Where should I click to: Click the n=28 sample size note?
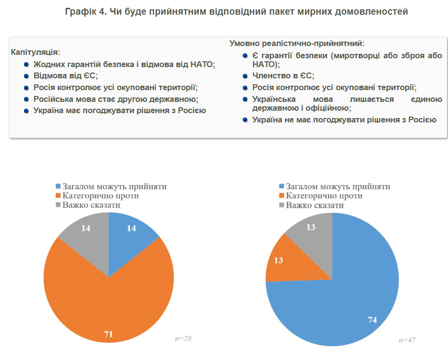click(183, 338)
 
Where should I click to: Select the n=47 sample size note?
click(407, 339)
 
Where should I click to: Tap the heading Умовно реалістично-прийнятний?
click(297, 44)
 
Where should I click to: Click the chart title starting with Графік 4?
click(236, 11)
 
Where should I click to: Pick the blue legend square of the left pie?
click(58, 187)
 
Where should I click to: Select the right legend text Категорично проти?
click(324, 196)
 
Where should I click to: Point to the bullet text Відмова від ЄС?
click(66, 76)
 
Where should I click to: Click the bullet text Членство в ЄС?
click(283, 76)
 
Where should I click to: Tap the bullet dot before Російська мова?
click(26, 99)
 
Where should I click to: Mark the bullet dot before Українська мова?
click(245, 99)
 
